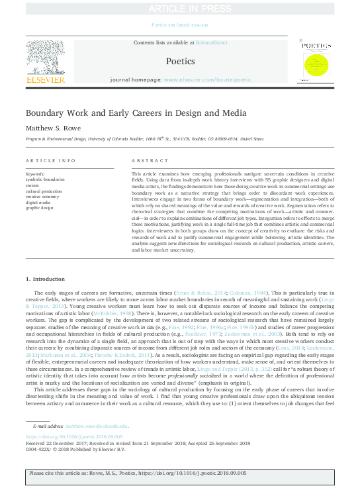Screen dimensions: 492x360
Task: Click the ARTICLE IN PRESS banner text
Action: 179,8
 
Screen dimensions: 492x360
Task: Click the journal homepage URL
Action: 207,79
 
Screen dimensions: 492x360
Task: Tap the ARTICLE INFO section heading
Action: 50,161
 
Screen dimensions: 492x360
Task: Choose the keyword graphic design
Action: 40,207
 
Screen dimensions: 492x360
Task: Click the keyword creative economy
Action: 42,195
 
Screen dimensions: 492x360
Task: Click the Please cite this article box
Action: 179,475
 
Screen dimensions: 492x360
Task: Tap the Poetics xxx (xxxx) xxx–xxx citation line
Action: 179,24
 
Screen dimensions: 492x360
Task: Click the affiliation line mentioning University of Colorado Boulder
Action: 144,140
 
